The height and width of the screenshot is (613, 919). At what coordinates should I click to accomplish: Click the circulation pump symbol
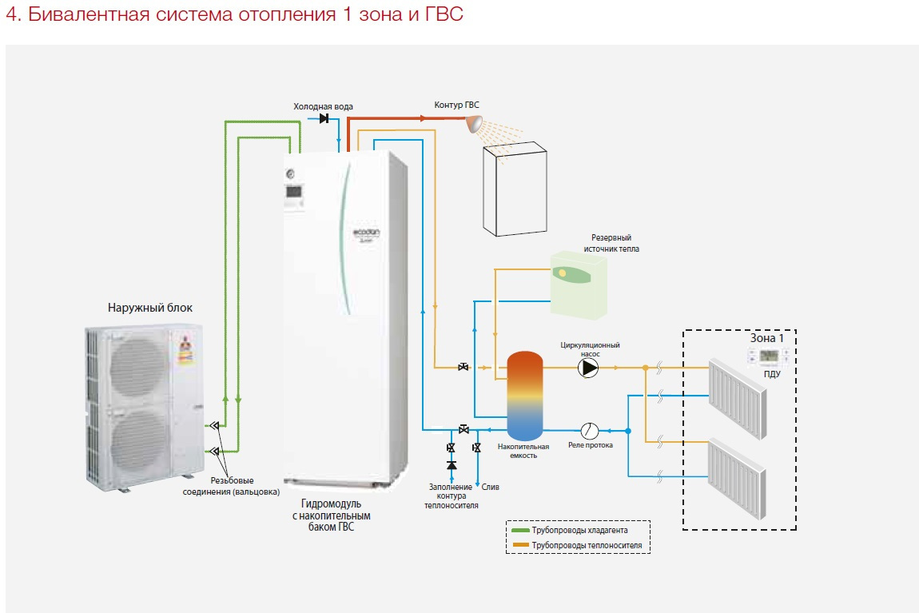click(x=588, y=368)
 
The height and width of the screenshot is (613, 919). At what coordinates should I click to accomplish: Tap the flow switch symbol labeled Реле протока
click(x=590, y=429)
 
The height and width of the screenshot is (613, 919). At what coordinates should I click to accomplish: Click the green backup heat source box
click(x=579, y=284)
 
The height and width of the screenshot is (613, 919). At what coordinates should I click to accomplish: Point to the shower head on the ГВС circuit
click(x=475, y=122)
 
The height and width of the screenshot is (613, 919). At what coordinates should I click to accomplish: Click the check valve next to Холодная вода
click(x=324, y=119)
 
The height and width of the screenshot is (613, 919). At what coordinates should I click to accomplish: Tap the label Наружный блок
click(x=150, y=308)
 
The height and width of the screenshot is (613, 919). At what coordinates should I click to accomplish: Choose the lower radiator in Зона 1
click(x=737, y=480)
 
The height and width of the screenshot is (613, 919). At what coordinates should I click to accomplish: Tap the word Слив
click(x=490, y=486)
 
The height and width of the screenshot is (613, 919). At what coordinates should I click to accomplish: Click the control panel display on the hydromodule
click(x=293, y=193)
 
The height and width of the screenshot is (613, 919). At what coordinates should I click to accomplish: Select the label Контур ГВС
click(x=456, y=105)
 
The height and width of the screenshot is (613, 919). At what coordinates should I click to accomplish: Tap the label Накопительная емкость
click(x=523, y=450)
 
